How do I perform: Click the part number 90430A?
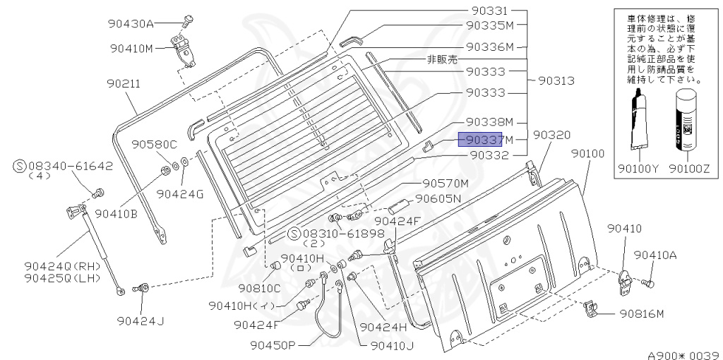[x=131, y=23]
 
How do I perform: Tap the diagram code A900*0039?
[x=683, y=354]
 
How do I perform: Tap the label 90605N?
[x=438, y=198]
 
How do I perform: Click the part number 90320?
[x=551, y=134]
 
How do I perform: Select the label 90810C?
[x=259, y=287]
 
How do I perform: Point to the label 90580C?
[x=153, y=145]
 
